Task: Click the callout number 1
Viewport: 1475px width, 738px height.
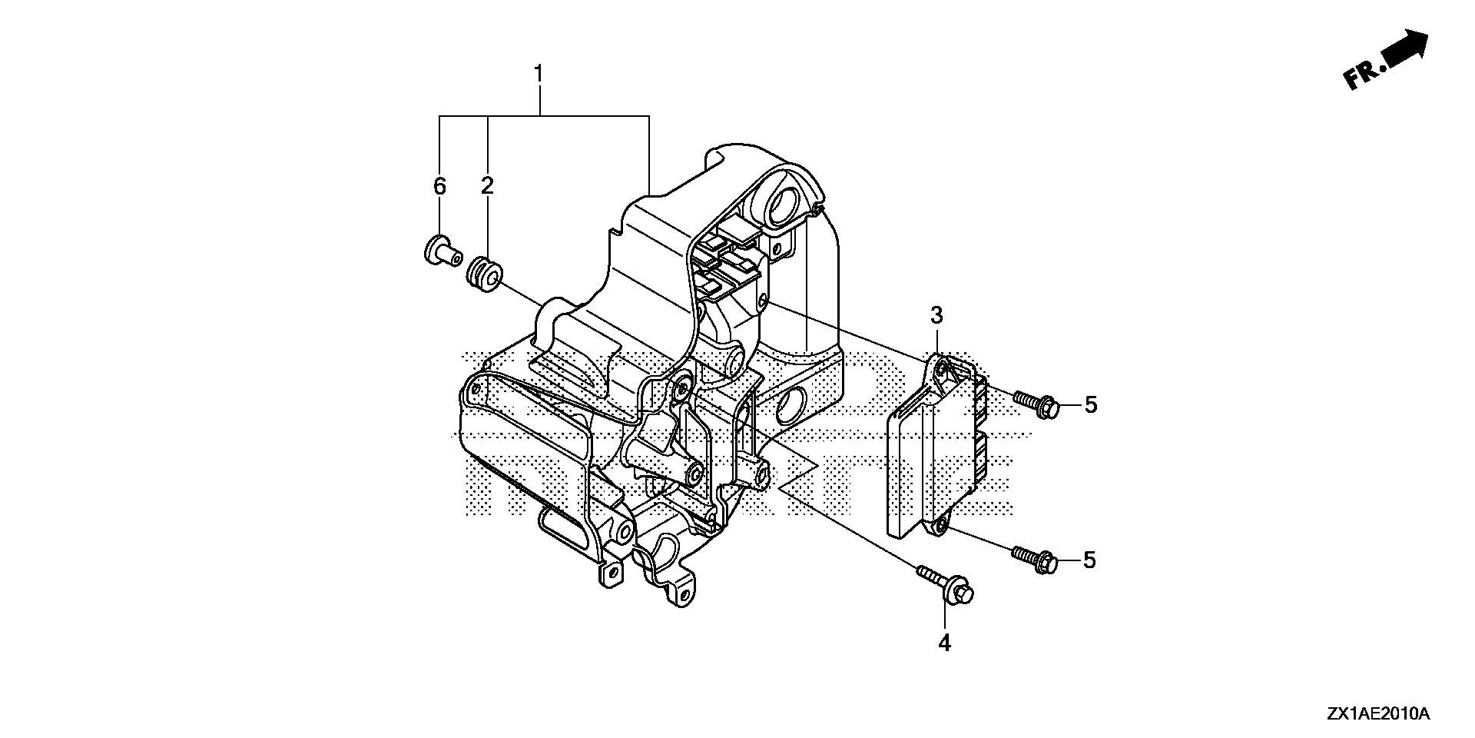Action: (x=539, y=74)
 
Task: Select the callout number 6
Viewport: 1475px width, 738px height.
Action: (x=439, y=186)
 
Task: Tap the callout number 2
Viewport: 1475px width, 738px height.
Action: (x=488, y=186)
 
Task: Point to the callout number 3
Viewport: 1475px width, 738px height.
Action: (x=936, y=314)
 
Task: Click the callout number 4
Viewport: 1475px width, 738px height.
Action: (x=944, y=643)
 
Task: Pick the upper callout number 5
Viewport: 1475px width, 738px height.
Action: (x=1091, y=405)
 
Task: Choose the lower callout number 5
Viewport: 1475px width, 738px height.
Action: (x=1089, y=560)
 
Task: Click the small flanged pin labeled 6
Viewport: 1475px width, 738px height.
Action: (x=440, y=251)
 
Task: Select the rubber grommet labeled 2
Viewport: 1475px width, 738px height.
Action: (x=484, y=274)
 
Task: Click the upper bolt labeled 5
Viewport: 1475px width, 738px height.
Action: (x=1036, y=404)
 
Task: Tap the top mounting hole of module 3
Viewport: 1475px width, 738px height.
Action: (x=941, y=369)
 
